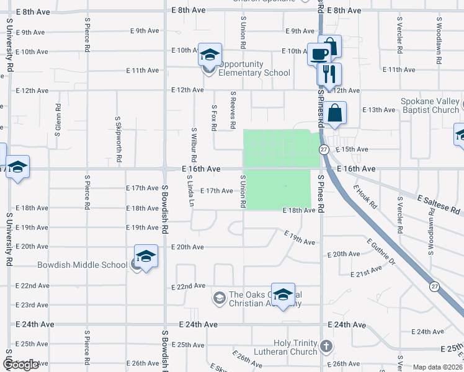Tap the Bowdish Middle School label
click(x=83, y=265)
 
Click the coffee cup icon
click(x=319, y=54)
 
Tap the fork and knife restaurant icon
click(x=329, y=74)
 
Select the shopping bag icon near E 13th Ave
click(x=334, y=113)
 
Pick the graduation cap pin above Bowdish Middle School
click(x=146, y=256)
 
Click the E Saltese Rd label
click(x=440, y=205)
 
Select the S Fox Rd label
click(x=213, y=117)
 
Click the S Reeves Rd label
click(x=233, y=110)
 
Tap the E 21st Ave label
click(x=366, y=273)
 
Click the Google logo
click(x=20, y=365)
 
